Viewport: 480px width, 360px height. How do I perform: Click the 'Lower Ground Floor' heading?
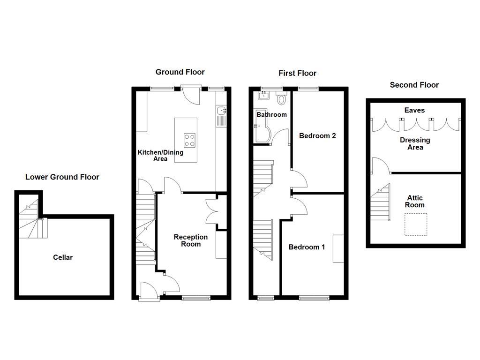pos(62,177)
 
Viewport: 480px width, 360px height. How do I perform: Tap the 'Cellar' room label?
pos(63,257)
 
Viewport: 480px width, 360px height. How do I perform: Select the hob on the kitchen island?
pos(190,140)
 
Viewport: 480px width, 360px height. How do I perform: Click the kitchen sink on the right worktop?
pos(222,111)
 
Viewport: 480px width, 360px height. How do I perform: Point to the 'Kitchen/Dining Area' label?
pos(160,155)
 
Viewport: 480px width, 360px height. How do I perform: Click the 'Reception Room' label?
pos(191,240)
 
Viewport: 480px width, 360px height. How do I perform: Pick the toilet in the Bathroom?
pos(282,99)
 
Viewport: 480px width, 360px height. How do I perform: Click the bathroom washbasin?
pos(262,97)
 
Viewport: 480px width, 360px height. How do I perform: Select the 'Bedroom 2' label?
pos(317,136)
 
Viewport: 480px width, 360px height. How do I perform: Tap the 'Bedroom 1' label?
pos(307,247)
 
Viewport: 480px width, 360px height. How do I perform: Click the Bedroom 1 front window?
pos(314,297)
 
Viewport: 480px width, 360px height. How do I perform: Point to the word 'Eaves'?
pos(415,110)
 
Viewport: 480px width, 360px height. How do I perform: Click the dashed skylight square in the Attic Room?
pos(416,225)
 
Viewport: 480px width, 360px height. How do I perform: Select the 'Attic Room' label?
pos(415,202)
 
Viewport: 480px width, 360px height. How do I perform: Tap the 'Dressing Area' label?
pos(415,143)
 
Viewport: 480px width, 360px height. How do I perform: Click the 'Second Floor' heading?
pos(414,85)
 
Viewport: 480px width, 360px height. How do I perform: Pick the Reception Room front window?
pos(196,297)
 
